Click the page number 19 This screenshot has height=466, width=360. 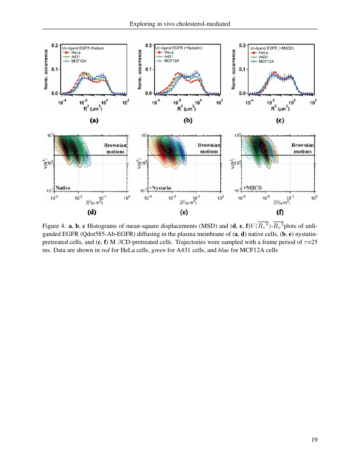click(x=314, y=440)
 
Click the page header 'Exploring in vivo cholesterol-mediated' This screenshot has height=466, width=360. click(x=180, y=24)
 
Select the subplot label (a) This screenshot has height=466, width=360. click(x=94, y=120)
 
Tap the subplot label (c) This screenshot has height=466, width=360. click(x=280, y=120)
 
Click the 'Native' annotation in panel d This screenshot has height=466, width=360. click(x=62, y=187)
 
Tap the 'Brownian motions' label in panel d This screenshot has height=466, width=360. click(x=115, y=148)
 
